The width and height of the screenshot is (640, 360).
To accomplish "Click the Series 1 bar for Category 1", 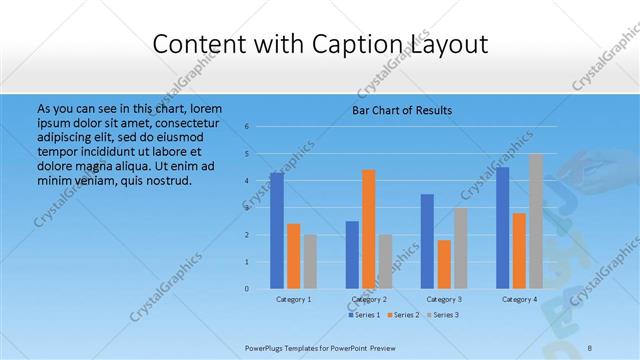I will tap(277, 231).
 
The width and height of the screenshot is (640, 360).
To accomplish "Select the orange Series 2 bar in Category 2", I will tap(369, 229).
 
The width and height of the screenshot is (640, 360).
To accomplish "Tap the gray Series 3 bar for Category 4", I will tap(536, 221).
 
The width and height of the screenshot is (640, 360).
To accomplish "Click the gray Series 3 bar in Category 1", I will tap(310, 261).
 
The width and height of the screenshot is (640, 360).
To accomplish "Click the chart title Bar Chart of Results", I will tap(401, 109).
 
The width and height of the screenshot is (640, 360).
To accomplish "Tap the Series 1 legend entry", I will tap(365, 315).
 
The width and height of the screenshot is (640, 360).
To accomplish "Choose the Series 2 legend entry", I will tap(404, 315).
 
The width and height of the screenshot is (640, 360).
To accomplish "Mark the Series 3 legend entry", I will tap(443, 315).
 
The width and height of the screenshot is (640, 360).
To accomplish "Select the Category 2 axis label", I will tap(369, 299).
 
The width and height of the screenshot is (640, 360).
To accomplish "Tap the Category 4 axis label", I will tap(519, 299).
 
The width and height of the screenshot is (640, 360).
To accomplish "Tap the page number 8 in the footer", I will tap(590, 347).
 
